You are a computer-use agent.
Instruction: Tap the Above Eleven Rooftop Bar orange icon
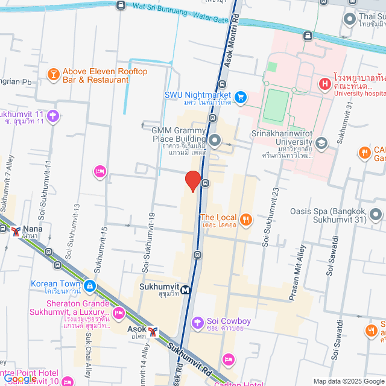(x=53, y=75)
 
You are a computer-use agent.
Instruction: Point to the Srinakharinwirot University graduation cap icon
(x=321, y=143)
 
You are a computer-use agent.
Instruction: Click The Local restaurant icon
(x=245, y=219)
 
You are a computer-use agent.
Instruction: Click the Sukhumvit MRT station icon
(x=186, y=289)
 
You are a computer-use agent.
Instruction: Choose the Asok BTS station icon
(x=154, y=331)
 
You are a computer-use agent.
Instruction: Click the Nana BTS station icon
(x=15, y=230)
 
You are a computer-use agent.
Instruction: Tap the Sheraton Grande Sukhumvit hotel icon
(x=118, y=312)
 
